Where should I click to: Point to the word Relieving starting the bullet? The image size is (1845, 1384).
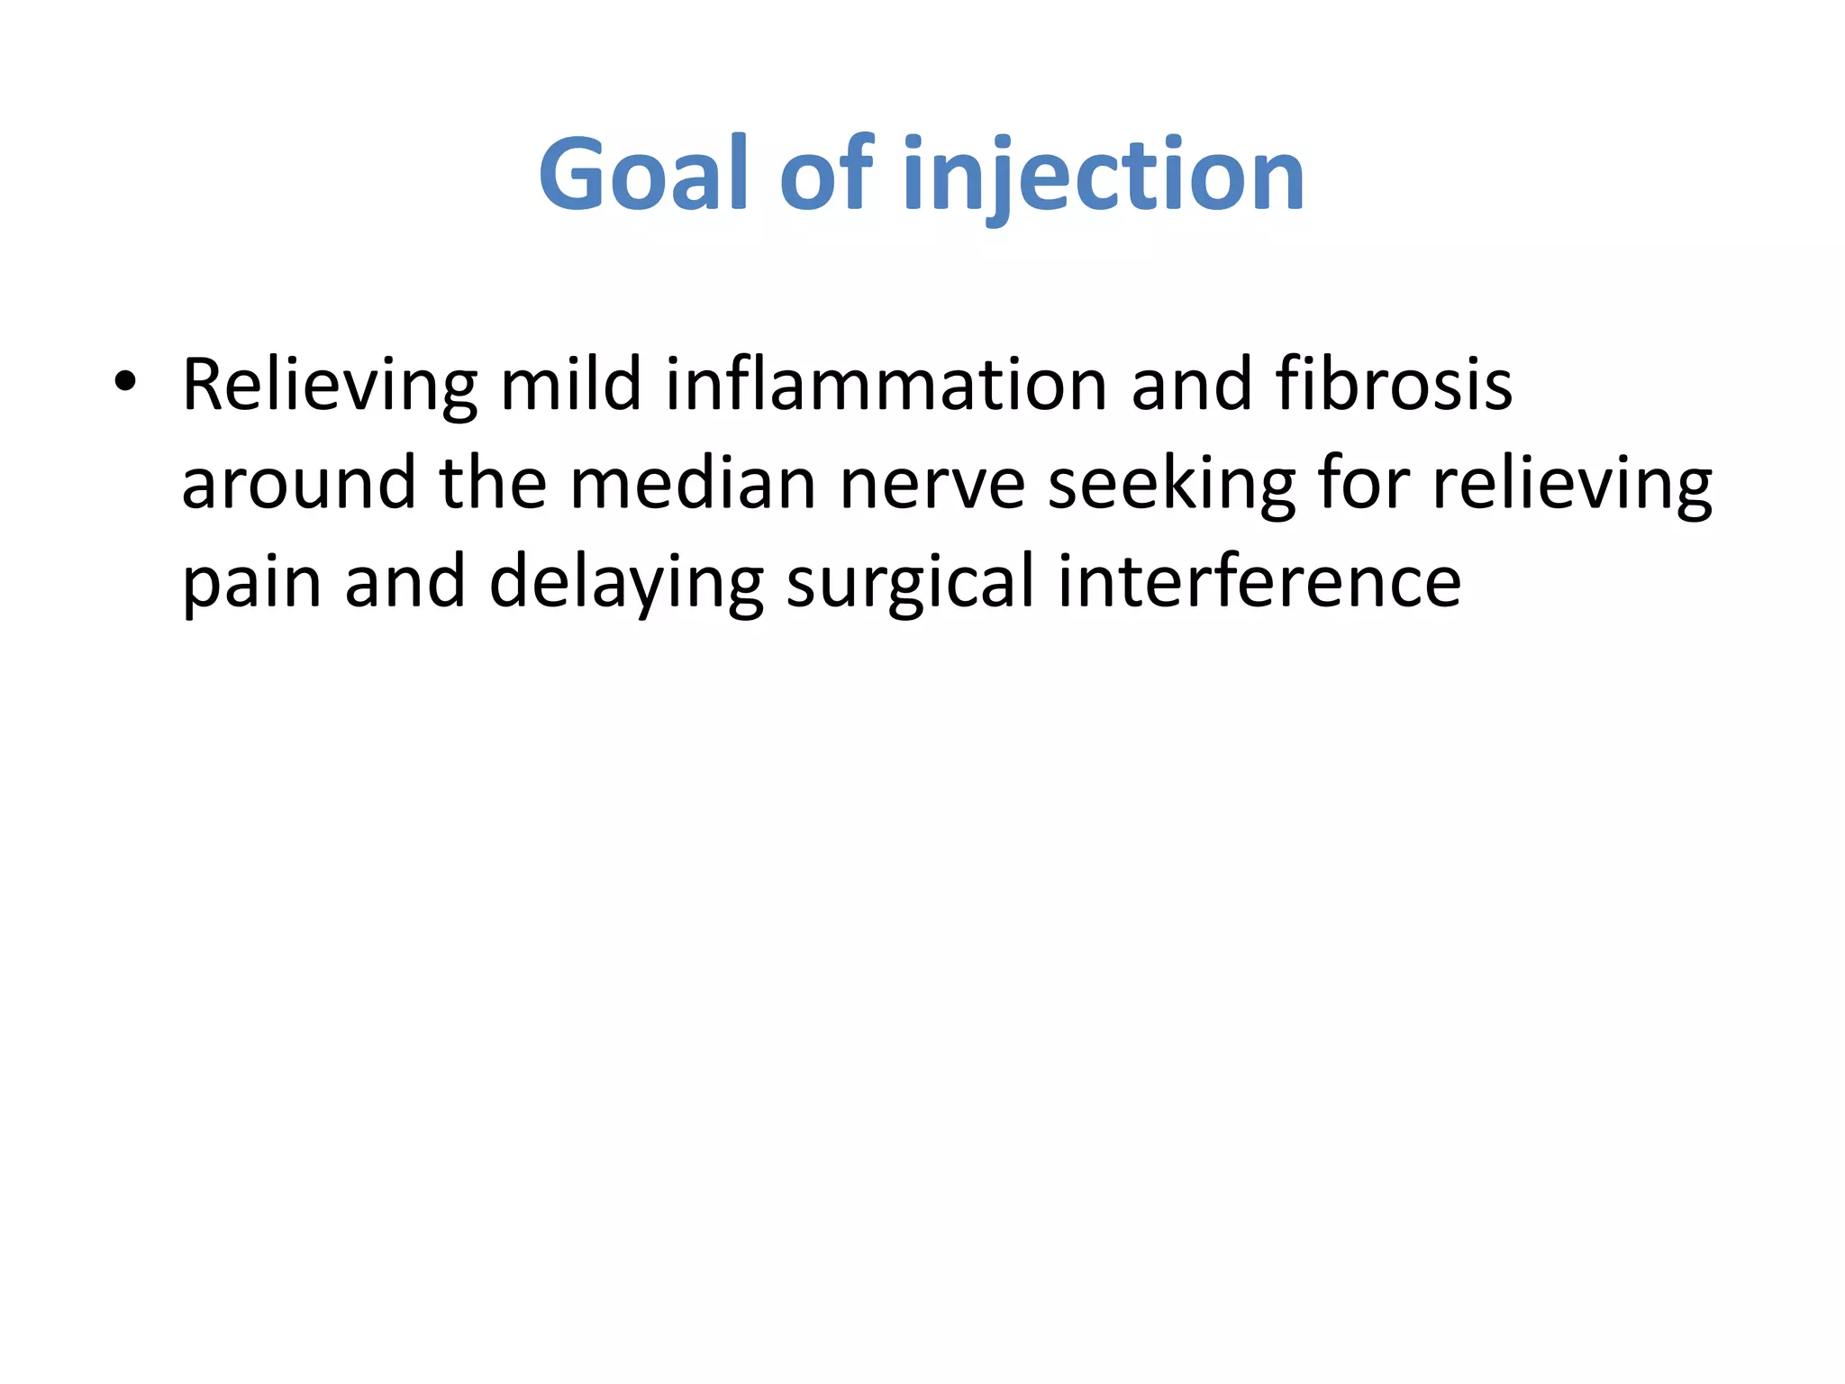329,385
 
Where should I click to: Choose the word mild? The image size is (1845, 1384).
570,385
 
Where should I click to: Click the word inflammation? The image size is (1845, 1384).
886,385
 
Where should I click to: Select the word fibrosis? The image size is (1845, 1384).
1394,385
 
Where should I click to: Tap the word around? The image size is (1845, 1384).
298,484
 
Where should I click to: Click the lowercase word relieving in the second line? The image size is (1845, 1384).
1572,484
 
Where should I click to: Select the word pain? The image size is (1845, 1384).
251,583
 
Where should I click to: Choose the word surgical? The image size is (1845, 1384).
910,583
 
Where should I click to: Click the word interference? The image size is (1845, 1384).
1259,583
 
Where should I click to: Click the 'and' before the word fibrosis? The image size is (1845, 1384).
1191,385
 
